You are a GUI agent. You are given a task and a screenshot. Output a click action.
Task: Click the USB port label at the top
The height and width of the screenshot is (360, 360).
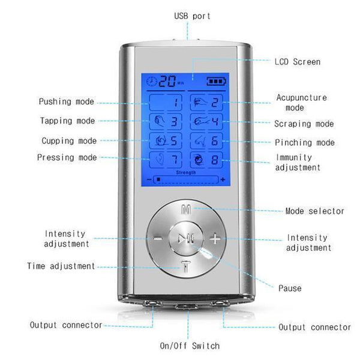192,16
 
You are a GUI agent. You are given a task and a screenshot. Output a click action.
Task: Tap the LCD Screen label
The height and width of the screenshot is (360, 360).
297,62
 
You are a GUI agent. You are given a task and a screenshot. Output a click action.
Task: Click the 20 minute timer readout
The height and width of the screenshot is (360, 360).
167,81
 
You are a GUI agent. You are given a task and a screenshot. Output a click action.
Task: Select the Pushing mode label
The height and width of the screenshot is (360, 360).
66,102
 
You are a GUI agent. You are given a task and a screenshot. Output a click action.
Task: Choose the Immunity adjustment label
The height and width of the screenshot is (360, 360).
298,163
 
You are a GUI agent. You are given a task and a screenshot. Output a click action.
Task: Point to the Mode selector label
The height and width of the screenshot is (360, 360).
314,211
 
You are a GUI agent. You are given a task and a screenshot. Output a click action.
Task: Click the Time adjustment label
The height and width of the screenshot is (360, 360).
61,266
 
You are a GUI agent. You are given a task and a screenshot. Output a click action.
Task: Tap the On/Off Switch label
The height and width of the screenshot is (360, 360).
189,346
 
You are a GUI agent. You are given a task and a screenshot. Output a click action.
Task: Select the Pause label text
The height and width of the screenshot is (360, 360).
289,289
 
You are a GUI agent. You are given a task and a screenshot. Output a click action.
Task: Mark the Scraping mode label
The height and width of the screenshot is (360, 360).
304,124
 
